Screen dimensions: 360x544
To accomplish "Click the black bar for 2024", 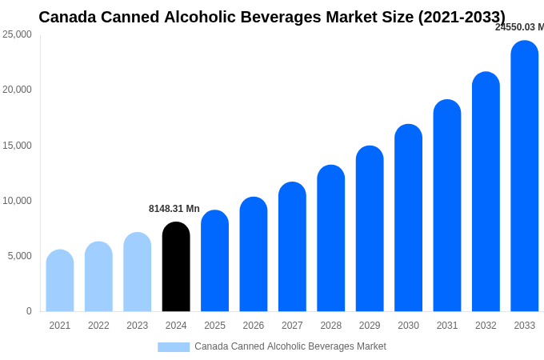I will click(x=176, y=267).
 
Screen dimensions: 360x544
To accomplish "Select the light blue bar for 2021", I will click(x=60, y=281).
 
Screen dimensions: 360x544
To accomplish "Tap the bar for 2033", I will click(x=525, y=176).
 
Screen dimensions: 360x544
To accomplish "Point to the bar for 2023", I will click(x=138, y=272).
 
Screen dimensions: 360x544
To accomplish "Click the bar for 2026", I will click(x=254, y=254).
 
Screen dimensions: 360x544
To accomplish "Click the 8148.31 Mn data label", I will click(x=174, y=209).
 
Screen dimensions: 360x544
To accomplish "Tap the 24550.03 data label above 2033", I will click(x=519, y=27).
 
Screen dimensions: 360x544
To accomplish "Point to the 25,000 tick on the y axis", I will click(x=17, y=34).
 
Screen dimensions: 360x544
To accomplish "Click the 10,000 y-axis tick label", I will click(x=17, y=201).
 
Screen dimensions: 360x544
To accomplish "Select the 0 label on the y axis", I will click(x=29, y=311).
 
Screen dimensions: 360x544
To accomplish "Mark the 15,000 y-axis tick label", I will click(x=17, y=146).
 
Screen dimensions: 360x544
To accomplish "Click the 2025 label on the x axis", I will click(x=214, y=326).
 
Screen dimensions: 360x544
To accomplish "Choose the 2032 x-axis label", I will click(x=486, y=326).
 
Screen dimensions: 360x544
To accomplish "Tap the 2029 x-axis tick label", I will click(x=370, y=326).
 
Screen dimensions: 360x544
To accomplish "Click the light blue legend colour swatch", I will click(x=174, y=347).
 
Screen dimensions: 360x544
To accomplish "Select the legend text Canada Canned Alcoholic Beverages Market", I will click(x=290, y=346).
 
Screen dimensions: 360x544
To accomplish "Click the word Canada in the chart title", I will click(x=67, y=17).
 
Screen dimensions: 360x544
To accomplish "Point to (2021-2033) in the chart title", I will click(x=462, y=17).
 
